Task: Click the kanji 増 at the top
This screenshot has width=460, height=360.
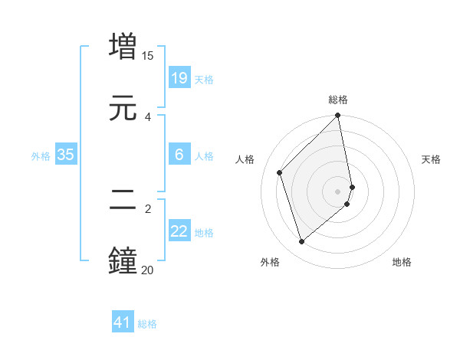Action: tap(123, 47)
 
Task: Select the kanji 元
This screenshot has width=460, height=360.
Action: tap(123, 108)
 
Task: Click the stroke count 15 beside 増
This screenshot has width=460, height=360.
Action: tap(148, 56)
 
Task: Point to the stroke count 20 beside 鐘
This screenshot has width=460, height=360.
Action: tap(148, 270)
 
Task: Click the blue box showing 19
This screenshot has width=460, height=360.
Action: tap(179, 78)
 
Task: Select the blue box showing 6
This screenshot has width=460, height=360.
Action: tap(179, 155)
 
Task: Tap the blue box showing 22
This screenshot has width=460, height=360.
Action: tap(179, 231)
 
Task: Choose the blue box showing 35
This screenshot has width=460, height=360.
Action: tap(66, 155)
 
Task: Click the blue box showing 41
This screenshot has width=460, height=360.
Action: tap(123, 322)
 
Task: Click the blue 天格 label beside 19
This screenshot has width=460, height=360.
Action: tap(204, 79)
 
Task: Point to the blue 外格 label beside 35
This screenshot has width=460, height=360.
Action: tap(41, 155)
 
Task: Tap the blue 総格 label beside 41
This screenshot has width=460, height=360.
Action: tap(147, 323)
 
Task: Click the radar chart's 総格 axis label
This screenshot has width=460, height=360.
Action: tap(338, 100)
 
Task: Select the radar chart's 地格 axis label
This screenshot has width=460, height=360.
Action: tap(402, 262)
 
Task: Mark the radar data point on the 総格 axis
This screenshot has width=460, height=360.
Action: tap(338, 116)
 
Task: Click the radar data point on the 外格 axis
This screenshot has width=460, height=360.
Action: tap(302, 242)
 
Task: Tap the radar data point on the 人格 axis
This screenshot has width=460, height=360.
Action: tap(280, 172)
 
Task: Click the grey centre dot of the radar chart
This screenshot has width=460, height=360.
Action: tap(338, 191)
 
